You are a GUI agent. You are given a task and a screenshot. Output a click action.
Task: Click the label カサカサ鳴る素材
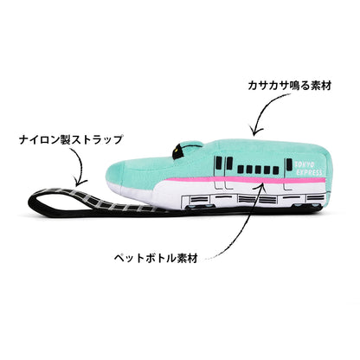289,86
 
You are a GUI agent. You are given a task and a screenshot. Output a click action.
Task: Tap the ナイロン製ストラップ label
71,140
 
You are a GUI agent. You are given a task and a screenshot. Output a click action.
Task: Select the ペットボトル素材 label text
156,258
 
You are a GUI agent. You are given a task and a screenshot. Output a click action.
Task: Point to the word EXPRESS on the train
309,172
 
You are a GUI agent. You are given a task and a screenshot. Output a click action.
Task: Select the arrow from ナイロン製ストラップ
80,167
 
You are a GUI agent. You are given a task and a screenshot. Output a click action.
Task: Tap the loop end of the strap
36,200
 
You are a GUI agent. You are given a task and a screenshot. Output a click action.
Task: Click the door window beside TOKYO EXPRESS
289,164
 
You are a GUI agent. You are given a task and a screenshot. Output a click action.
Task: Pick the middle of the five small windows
258,170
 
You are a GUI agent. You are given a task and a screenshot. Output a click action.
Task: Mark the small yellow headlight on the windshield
176,150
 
